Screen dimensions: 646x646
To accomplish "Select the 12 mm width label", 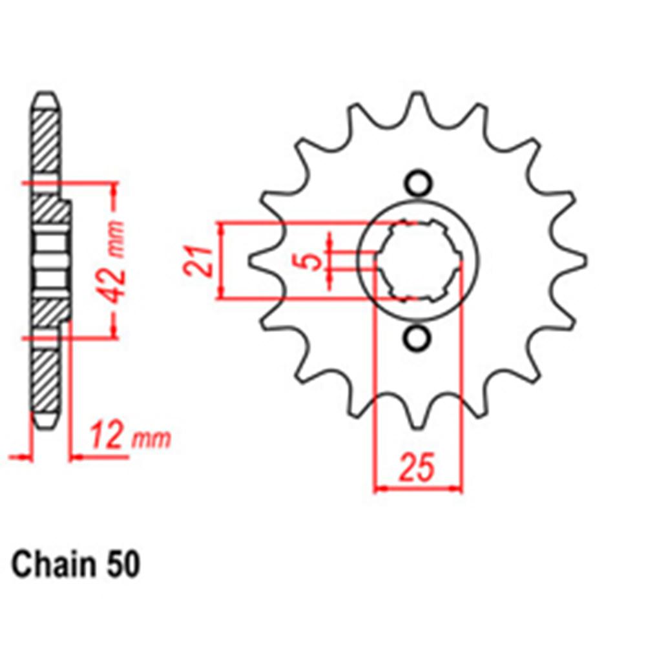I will pos(130,438).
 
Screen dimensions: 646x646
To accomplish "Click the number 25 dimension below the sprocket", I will pos(418,468).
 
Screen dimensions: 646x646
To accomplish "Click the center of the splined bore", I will pos(418,261).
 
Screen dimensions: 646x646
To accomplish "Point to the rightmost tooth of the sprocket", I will pos(578,261).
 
